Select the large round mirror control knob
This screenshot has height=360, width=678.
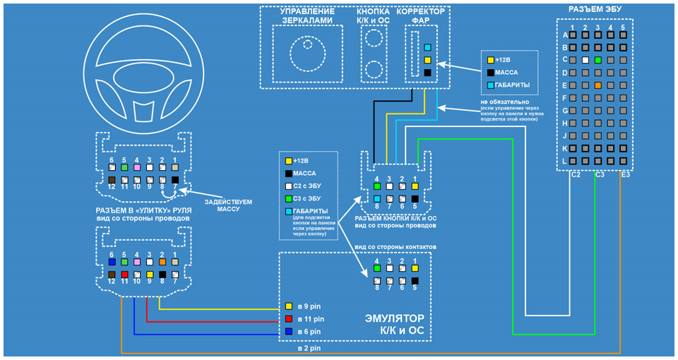pos(304,55)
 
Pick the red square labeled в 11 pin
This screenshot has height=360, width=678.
pos(289,319)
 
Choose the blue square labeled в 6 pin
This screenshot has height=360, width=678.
pos(289,331)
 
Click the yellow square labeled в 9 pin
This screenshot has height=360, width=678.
pos(289,307)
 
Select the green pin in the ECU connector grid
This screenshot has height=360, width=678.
pos(597,59)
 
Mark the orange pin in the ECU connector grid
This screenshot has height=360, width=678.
pos(597,85)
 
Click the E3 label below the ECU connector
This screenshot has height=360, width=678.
pos(626,174)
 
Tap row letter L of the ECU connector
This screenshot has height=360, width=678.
pos(565,162)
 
